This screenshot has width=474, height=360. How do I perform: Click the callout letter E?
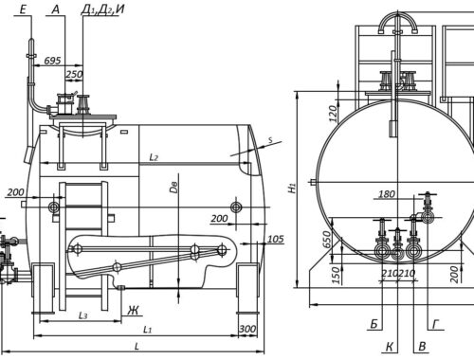point(23,9)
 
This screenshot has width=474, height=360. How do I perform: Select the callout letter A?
point(56,9)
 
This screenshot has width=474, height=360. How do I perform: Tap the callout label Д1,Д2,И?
point(102,9)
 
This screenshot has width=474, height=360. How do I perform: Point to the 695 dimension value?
point(52,60)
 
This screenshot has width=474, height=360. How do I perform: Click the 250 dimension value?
point(74,74)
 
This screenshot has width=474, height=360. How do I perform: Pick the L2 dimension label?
point(154,157)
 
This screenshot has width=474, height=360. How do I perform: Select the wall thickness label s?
point(270,140)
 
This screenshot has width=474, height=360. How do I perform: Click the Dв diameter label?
point(173,188)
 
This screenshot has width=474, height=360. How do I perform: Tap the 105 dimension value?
point(276,239)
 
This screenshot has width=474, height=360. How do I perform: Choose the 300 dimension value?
point(247,329)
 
